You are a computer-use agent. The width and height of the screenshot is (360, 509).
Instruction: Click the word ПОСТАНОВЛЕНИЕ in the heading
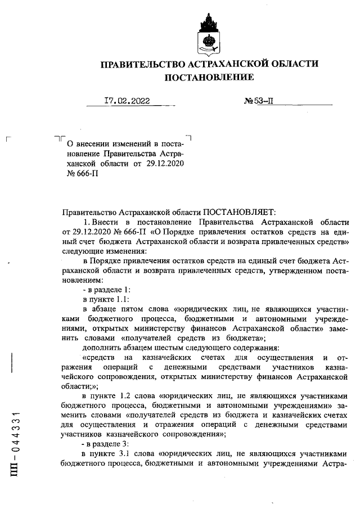[x=209, y=77]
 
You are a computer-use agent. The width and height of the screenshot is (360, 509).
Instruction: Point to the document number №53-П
[x=259, y=102]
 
